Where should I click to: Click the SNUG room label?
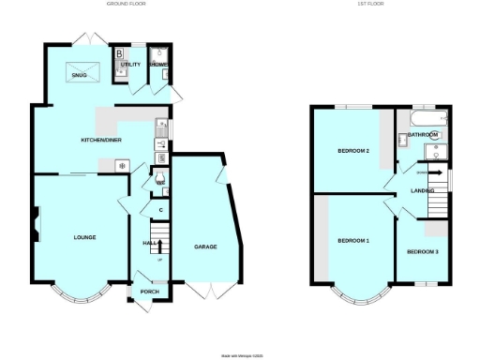[67, 93]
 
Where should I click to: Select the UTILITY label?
[130, 65]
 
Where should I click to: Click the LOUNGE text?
[84, 237]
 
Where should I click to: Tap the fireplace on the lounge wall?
[36, 224]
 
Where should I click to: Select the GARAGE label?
[205, 247]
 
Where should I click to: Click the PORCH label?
[148, 292]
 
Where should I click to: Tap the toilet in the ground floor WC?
[160, 178]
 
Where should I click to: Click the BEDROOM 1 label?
[353, 241]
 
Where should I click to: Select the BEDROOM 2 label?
[353, 151]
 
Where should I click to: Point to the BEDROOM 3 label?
[422, 251]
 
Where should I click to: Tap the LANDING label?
[422, 191]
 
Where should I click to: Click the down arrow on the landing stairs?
[433, 172]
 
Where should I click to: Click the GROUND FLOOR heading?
[128, 4]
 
